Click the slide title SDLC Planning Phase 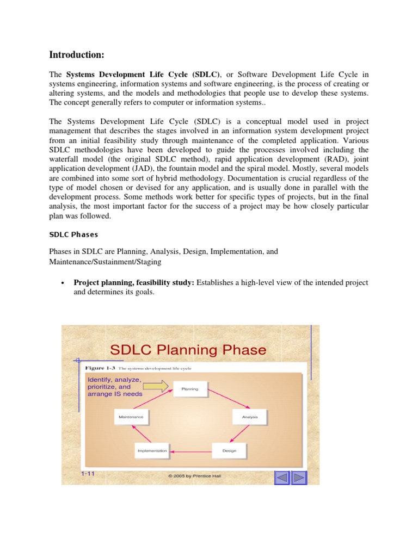pyautogui.click(x=188, y=349)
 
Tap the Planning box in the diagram pyautogui.click(x=190, y=389)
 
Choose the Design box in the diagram pyautogui.click(x=229, y=451)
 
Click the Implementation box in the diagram pyautogui.click(x=152, y=451)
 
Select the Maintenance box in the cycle pyautogui.click(x=130, y=417)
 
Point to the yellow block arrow pyautogui.click(x=158, y=387)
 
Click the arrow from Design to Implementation pyautogui.click(x=190, y=451)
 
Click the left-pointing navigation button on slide pyautogui.click(x=281, y=478)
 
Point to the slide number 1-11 pyautogui.click(x=88, y=474)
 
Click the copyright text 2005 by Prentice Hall pyautogui.click(x=195, y=476)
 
